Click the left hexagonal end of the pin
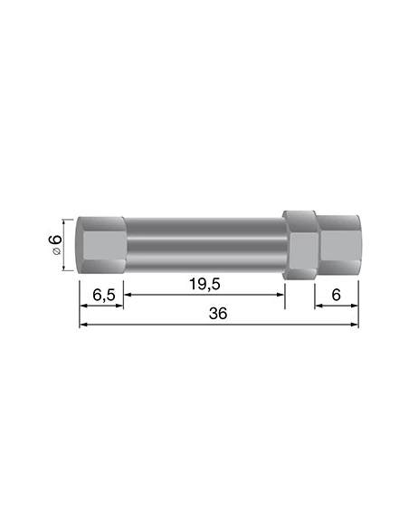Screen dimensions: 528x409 (x=100, y=246)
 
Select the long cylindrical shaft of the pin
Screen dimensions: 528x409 (x=204, y=246)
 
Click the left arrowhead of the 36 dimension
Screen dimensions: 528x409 (x=84, y=325)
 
